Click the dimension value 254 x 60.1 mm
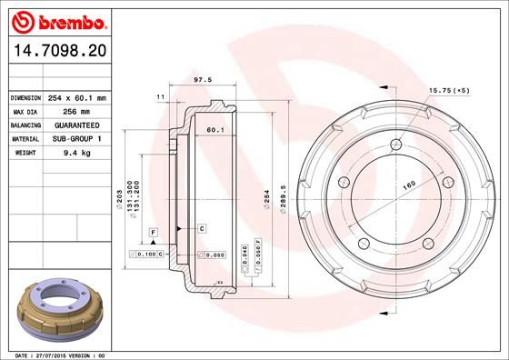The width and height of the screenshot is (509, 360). pyautogui.click(x=78, y=96)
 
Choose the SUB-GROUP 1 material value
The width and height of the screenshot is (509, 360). pyautogui.click(x=76, y=139)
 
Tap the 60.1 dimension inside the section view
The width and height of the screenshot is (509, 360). pyautogui.click(x=215, y=131)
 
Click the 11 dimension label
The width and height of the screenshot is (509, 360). pyautogui.click(x=160, y=95)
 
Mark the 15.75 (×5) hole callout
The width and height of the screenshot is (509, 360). pyautogui.click(x=450, y=91)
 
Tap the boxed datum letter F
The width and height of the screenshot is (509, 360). pyautogui.click(x=153, y=234)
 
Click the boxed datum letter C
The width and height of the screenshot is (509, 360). pyautogui.click(x=202, y=226)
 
